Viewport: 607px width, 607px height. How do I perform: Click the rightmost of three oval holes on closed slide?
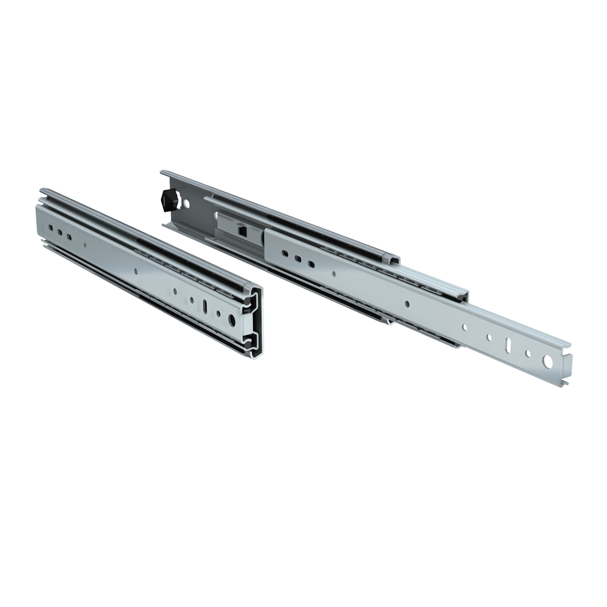pyautogui.click(x=70, y=236)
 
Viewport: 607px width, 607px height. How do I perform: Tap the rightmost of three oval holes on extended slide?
pyautogui.click(x=311, y=263)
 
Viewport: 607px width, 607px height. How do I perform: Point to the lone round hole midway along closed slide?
pyautogui.click(x=136, y=271)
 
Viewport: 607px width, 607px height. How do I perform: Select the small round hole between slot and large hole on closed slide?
pyautogui.click(x=220, y=313)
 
